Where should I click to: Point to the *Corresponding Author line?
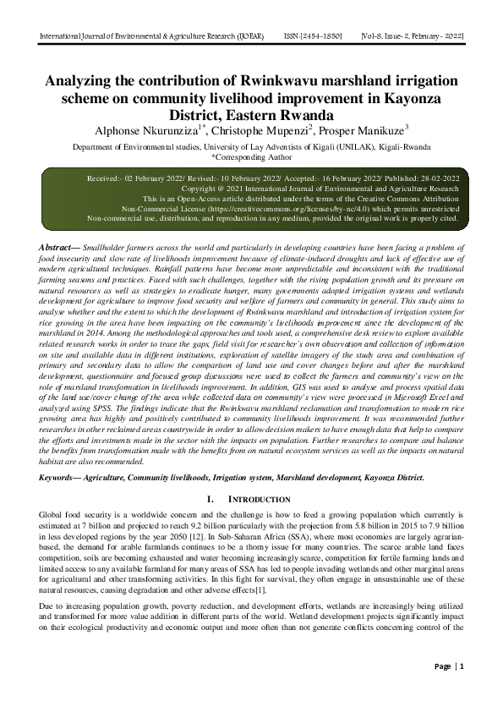click(251, 156)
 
